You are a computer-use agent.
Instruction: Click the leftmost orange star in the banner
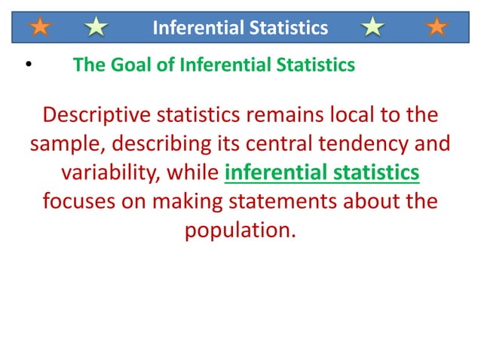pyautogui.click(x=41, y=28)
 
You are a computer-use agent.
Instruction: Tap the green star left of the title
pyautogui.click(x=97, y=28)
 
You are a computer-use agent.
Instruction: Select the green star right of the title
pyautogui.click(x=372, y=28)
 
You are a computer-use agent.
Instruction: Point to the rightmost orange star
pyautogui.click(x=437, y=28)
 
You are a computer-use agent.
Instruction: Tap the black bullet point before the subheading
pyautogui.click(x=28, y=66)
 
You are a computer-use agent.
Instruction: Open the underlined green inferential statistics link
pyautogui.click(x=322, y=173)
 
